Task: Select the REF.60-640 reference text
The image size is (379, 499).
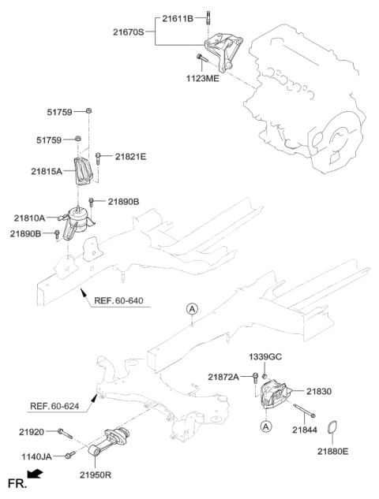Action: tap(119, 302)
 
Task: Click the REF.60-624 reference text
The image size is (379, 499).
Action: tap(57, 407)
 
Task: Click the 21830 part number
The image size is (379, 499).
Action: tap(319, 390)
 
